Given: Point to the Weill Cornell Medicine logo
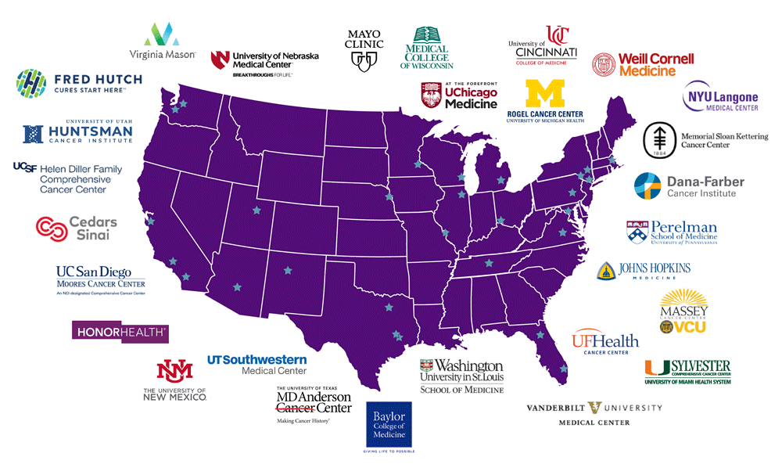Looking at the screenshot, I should click(643, 63).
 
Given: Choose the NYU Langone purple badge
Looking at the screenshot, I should click(721, 97).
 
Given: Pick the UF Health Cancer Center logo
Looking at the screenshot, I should click(604, 342).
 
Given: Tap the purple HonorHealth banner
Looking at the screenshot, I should click(120, 332).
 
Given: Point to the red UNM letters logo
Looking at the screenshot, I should click(174, 370).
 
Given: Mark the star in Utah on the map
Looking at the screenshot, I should click(255, 210).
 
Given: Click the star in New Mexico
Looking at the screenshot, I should click(288, 270).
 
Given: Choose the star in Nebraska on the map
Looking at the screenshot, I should click(388, 197).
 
